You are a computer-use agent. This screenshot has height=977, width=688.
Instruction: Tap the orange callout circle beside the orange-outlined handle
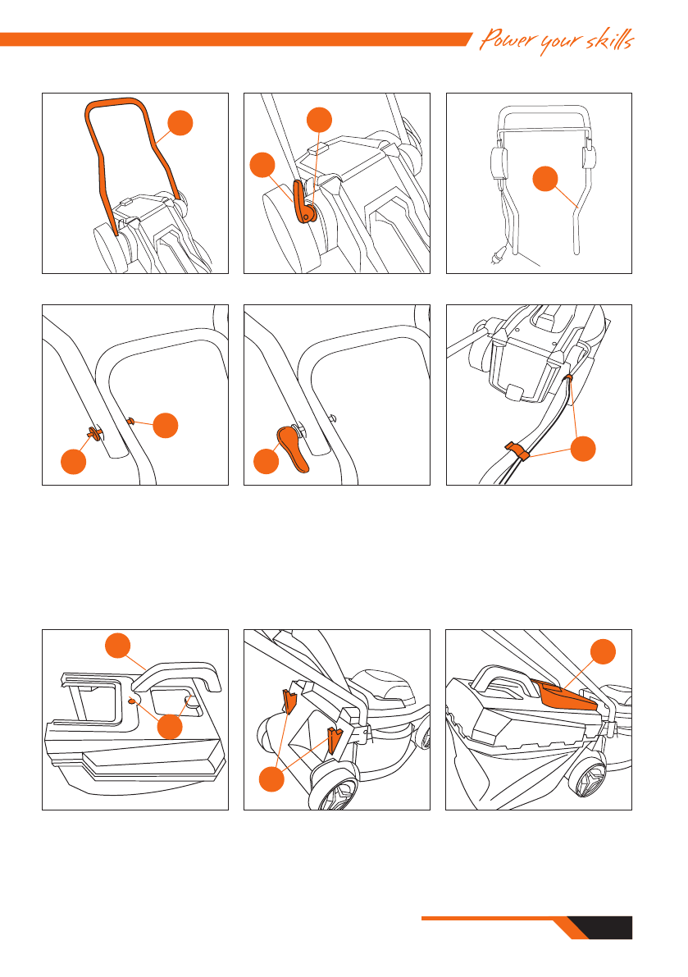(180, 123)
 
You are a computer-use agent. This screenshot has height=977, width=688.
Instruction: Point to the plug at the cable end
(498, 255)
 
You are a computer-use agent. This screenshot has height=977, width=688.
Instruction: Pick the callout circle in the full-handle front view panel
(545, 179)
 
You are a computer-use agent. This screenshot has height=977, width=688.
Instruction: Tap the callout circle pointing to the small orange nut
(166, 426)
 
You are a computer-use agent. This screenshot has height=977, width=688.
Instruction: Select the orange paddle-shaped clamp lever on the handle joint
(292, 448)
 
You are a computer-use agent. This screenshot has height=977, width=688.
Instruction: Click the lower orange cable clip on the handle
(516, 450)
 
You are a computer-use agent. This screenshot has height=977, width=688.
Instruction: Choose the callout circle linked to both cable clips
(583, 449)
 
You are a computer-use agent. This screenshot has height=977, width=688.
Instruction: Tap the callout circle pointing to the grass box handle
(118, 646)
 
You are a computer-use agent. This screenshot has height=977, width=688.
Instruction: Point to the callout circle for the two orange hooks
(271, 778)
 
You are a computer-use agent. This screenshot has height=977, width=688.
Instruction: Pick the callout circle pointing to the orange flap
(603, 652)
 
